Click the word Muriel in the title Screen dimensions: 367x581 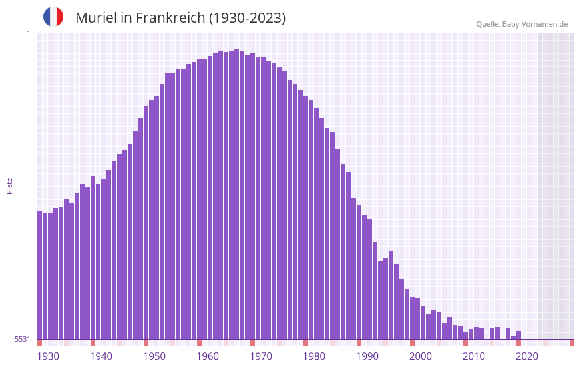[x=95, y=18]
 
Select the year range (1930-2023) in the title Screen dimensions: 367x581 [x=247, y=18]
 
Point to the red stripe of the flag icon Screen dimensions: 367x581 [x=60, y=17]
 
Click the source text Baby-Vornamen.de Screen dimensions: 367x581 [x=535, y=24]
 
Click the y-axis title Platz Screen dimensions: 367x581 [x=9, y=185]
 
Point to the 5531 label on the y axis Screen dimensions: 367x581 [x=23, y=339]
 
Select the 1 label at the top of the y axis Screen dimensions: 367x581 [x=28, y=33]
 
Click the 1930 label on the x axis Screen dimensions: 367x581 [x=48, y=356]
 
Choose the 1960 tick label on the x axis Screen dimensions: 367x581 [x=208, y=356]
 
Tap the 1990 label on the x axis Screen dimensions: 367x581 [x=367, y=356]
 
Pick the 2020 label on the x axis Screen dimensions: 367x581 [x=527, y=356]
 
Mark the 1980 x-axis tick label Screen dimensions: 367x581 [x=314, y=356]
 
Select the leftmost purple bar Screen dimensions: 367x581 [x=39, y=275]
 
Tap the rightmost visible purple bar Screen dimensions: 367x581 [x=518, y=335]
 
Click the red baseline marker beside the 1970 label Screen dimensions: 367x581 [x=252, y=342]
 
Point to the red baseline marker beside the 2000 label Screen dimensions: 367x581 [x=412, y=342]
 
